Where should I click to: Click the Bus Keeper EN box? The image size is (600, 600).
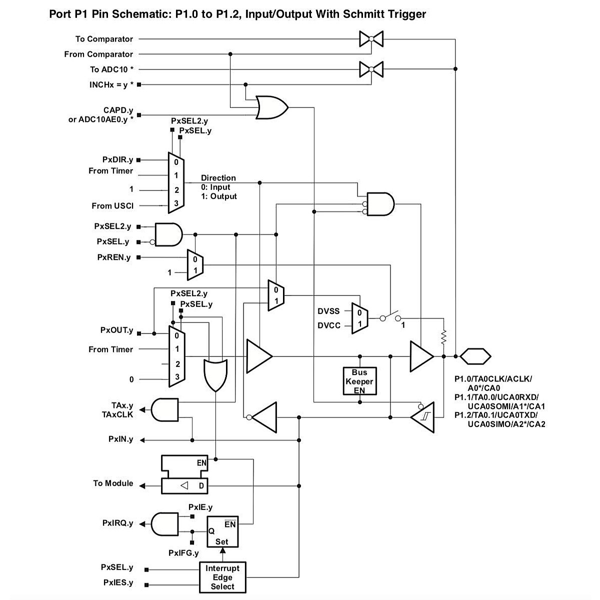click(359, 381)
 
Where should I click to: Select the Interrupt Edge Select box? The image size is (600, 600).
click(222, 577)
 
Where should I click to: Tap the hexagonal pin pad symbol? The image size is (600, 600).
click(475, 356)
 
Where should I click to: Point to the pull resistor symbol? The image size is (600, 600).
click(443, 336)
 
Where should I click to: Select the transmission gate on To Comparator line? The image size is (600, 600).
click(371, 38)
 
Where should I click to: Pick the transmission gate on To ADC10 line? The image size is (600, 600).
click(371, 69)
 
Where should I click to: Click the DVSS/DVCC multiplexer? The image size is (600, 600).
click(360, 318)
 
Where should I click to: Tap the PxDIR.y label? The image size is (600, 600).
click(117, 160)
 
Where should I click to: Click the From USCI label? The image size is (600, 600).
click(112, 205)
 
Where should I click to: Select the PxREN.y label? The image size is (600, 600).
click(113, 257)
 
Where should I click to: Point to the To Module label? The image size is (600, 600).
click(113, 483)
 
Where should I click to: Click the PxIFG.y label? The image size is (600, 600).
click(183, 553)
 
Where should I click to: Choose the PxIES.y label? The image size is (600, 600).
click(118, 583)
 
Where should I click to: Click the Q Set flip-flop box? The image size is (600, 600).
click(223, 531)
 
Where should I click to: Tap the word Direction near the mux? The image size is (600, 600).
click(218, 178)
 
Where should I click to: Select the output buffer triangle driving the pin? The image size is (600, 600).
click(421, 356)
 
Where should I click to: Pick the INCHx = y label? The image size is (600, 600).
click(111, 84)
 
